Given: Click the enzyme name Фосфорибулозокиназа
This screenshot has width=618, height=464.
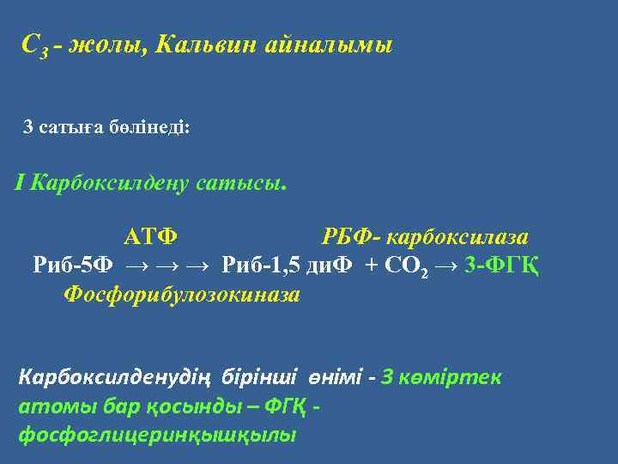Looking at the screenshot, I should coord(182,295).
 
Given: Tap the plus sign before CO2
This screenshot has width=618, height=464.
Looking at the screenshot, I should coord(371,264).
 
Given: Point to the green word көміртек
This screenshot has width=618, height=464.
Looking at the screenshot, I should coord(455,378).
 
